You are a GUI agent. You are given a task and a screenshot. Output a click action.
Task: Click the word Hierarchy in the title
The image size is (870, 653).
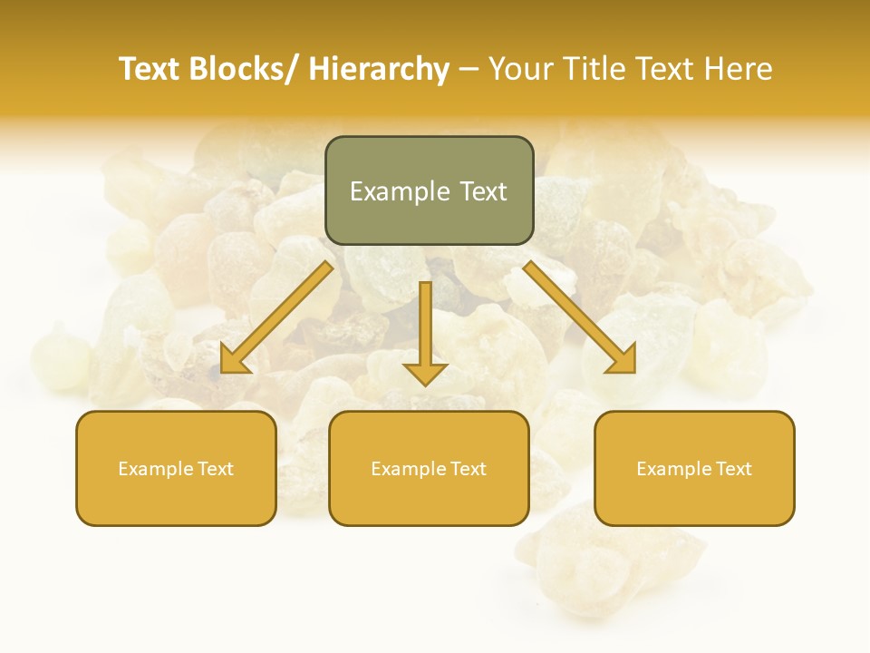pyautogui.click(x=379, y=69)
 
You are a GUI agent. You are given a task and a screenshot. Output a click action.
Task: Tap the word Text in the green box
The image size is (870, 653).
pyautogui.click(x=482, y=191)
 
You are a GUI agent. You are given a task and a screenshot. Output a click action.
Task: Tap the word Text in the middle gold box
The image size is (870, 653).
pyautogui.click(x=467, y=469)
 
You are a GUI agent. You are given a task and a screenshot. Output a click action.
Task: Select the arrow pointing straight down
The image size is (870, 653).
pyautogui.click(x=425, y=336)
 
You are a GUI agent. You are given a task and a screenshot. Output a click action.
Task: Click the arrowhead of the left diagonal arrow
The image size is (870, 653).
pyautogui.click(x=234, y=360)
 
